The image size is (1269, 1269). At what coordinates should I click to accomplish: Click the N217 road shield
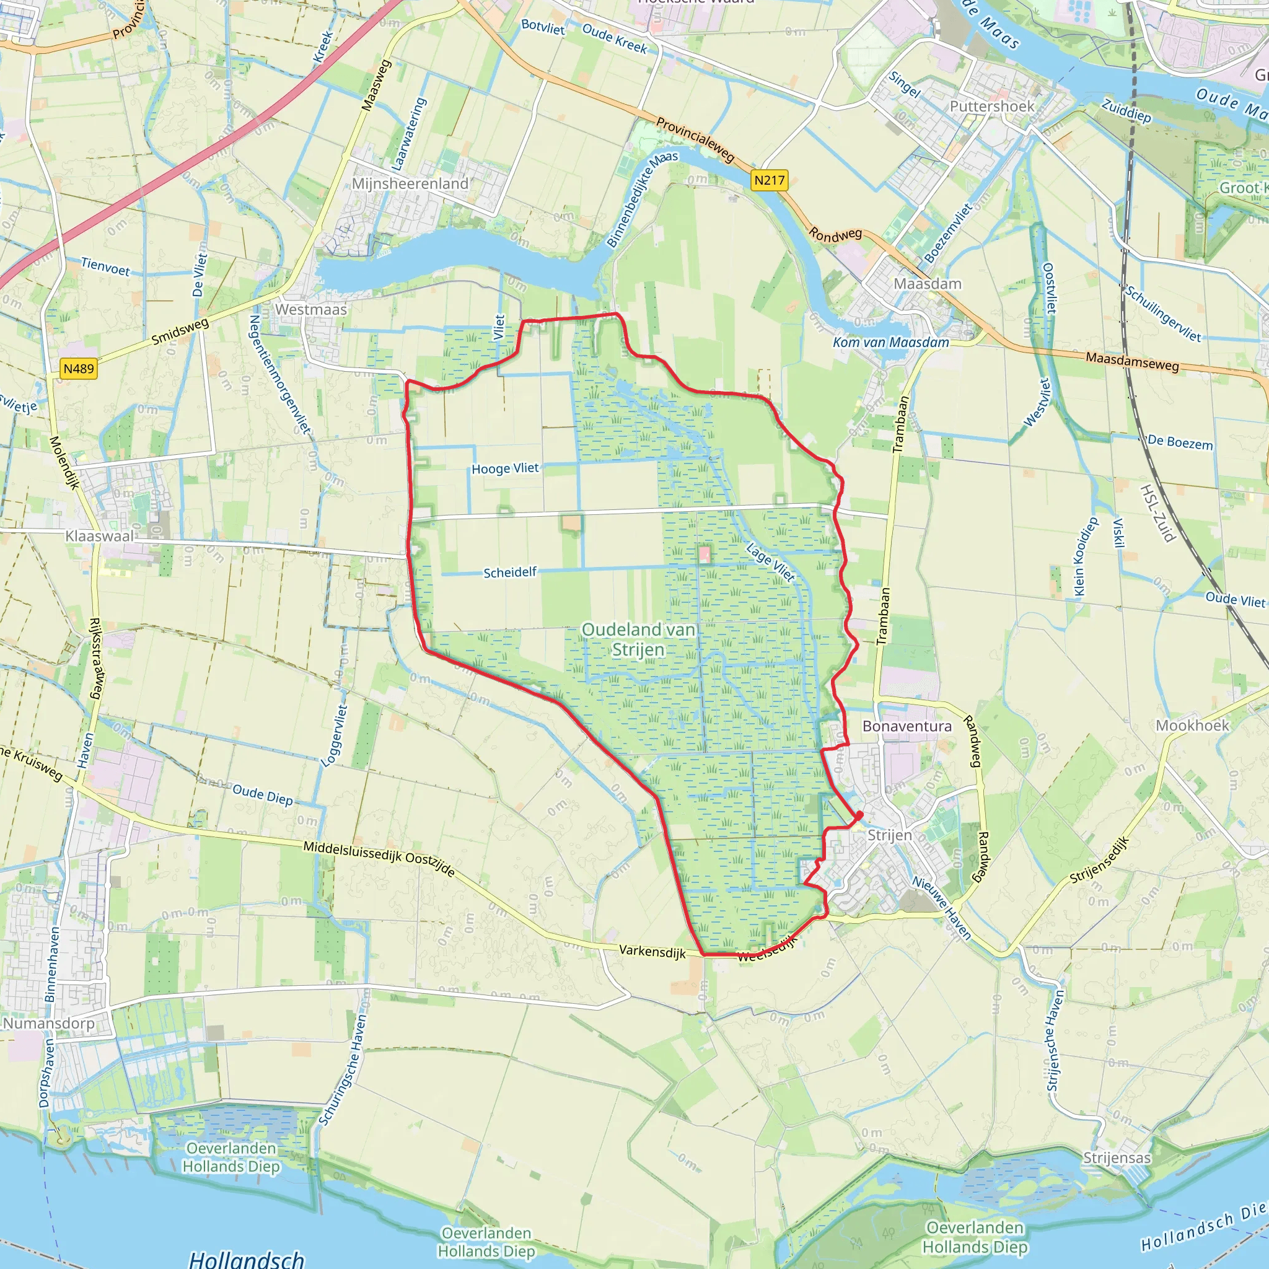coord(769,180)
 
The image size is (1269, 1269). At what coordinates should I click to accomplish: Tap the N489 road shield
coord(79,369)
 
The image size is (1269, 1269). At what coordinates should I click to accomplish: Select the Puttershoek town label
coord(992,107)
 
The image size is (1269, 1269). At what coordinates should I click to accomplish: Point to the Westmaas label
coord(310,309)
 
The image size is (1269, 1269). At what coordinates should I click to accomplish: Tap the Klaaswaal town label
coord(99,536)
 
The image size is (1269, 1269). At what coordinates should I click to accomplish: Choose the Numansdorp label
coord(48,1024)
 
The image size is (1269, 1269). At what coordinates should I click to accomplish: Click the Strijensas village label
coord(1117,1158)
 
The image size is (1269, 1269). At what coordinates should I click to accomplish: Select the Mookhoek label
coord(1192,725)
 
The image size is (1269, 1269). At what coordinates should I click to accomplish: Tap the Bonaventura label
coord(907,726)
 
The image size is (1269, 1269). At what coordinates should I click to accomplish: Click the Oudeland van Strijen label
coord(638,639)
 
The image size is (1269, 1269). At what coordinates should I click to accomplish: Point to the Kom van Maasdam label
coord(890,342)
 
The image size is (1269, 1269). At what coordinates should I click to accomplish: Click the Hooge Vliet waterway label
coord(505,468)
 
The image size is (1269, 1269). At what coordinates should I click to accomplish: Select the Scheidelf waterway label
coord(510,573)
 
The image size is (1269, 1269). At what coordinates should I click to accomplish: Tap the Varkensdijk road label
coord(652,952)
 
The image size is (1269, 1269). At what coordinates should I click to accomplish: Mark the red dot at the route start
coord(859,815)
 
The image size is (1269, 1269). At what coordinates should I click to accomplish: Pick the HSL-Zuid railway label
coord(1157,513)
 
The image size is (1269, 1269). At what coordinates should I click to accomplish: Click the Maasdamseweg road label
coord(1133,361)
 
